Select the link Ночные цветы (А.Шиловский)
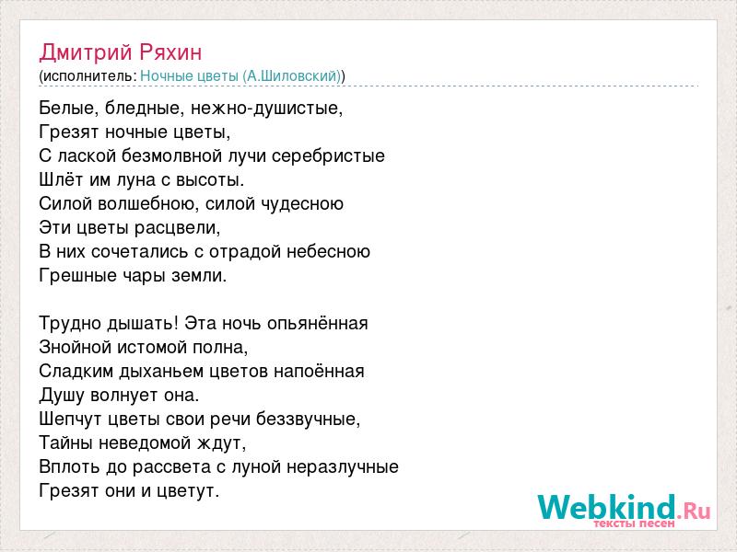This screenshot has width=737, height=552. coord(240,76)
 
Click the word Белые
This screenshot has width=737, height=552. coord(69,109)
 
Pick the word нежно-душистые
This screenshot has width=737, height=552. coord(267,109)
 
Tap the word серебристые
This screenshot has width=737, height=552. coord(328,155)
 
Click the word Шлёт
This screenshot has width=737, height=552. coord(61,179)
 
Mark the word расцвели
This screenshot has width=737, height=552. coord(177,228)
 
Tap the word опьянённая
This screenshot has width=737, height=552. coord(317,324)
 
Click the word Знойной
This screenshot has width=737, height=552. coord(75,348)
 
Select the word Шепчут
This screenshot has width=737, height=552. coord(71,420)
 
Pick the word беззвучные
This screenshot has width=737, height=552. coord(309,420)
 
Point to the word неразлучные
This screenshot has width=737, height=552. coord(343,467)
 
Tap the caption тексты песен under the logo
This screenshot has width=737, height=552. coord(634,523)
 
